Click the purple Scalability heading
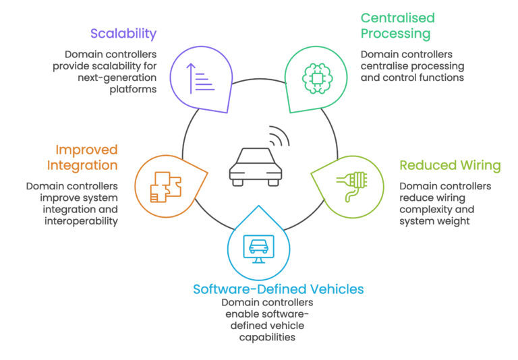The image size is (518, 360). (124, 33)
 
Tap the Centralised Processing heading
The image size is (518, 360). (398, 25)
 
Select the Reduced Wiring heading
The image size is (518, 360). (450, 165)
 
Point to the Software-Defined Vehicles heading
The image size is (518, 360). (278, 289)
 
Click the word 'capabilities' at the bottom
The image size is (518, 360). (267, 337)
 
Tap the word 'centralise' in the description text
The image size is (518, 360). (386, 66)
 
